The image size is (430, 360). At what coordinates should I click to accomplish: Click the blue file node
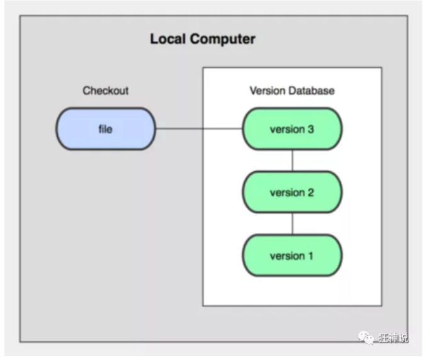click(x=106, y=128)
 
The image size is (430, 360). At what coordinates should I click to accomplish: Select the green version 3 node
click(x=292, y=128)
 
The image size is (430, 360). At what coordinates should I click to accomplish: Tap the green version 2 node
click(x=292, y=192)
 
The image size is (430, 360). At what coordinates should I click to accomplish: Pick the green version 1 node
click(x=292, y=256)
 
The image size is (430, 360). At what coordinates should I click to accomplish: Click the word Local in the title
click(x=168, y=38)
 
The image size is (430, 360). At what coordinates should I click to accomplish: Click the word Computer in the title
click(x=222, y=39)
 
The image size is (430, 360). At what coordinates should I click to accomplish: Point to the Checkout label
click(x=106, y=91)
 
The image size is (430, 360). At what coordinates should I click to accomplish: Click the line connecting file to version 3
click(x=199, y=128)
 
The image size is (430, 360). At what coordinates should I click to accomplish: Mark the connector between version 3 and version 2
click(x=292, y=160)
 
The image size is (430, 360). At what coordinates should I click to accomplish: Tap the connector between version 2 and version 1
click(x=292, y=223)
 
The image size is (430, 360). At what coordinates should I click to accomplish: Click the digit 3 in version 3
click(x=310, y=129)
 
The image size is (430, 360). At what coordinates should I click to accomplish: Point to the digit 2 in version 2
click(x=310, y=193)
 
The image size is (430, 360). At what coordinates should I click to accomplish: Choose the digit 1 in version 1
click(x=310, y=256)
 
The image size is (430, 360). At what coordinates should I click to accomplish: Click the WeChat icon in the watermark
click(x=366, y=337)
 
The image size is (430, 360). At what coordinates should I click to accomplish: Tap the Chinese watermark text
click(x=393, y=337)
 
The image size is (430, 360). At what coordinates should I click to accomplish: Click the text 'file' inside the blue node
click(x=105, y=129)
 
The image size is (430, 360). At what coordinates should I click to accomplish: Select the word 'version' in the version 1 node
click(x=287, y=256)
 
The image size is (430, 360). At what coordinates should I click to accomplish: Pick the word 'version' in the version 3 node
click(x=287, y=129)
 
